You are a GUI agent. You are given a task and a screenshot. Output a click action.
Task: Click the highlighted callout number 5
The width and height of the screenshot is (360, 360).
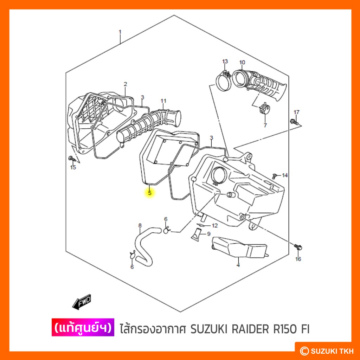point(150,193)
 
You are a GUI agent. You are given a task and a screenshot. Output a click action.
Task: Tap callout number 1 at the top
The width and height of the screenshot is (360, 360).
point(120,32)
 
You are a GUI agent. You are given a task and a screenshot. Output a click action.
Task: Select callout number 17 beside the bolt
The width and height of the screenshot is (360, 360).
point(297,112)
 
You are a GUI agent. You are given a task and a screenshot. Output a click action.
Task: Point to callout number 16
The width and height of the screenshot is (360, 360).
point(298,259)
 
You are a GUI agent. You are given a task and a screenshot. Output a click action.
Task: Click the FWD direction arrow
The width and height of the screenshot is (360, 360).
point(82,301)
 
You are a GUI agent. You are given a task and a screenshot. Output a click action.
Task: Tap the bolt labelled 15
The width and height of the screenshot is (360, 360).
point(72,158)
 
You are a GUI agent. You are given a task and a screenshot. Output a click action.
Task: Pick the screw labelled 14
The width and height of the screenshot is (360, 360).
point(274,176)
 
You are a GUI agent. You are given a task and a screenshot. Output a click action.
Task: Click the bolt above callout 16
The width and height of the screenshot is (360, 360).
point(298,247)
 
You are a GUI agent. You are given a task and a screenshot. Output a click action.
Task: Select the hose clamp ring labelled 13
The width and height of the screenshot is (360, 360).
point(223,82)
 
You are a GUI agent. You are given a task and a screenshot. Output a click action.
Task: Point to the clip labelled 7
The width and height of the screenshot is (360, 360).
point(264,109)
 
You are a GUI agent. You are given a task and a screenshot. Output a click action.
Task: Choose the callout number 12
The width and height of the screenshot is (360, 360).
point(215,225)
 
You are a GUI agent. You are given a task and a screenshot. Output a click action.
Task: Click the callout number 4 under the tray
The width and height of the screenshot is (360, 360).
point(238,265)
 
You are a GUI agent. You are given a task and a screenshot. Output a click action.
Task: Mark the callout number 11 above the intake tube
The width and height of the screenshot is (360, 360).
point(163,101)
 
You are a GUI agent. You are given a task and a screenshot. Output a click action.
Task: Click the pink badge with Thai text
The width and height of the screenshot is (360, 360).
point(83,327)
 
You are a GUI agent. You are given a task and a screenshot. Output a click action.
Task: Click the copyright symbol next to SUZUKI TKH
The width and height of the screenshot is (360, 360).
point(304,351)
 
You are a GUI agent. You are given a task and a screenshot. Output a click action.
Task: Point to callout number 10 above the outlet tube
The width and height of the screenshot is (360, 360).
point(242,62)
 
